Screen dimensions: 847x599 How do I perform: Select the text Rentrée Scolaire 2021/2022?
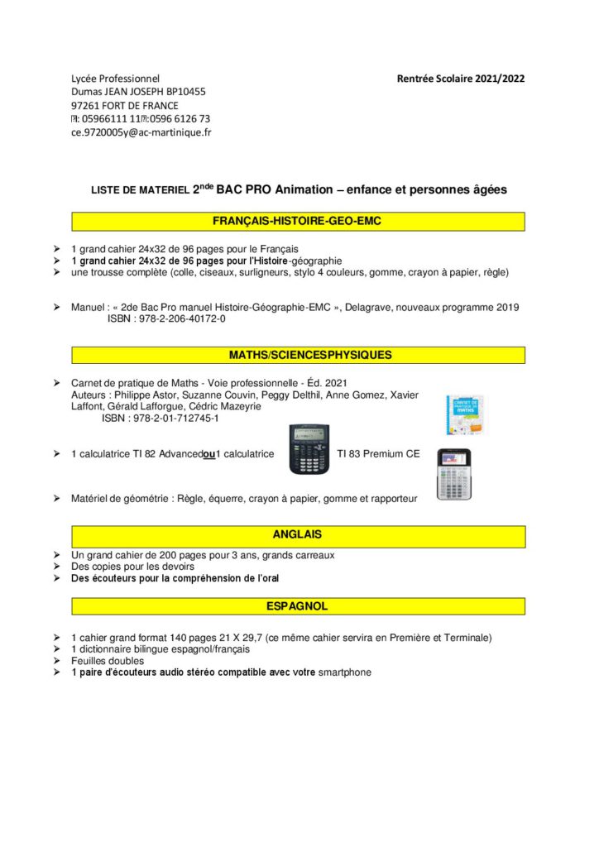tap(461, 79)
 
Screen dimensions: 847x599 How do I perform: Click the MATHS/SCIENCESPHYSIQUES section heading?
tap(299, 355)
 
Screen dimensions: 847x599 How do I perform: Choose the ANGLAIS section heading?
tap(297, 535)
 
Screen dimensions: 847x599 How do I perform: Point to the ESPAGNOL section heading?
tap(297, 606)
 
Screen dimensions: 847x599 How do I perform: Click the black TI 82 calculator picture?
tap(309, 449)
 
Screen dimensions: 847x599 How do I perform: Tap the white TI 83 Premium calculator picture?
tap(453, 473)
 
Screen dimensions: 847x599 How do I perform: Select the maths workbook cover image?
tap(464, 415)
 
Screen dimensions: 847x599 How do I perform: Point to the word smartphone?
tap(345, 672)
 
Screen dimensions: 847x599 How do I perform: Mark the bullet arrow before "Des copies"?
tap(56, 567)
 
